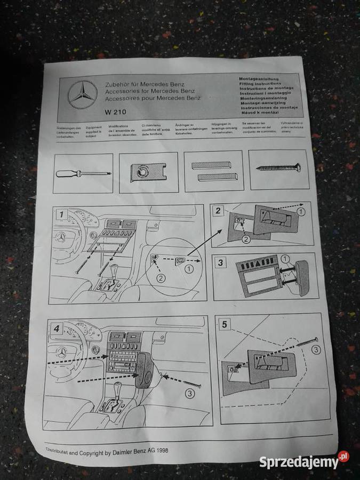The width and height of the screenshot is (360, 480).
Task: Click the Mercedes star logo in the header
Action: (83, 95)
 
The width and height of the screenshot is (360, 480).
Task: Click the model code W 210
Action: (115, 113)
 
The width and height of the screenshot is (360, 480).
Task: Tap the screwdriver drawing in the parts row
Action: (82, 173)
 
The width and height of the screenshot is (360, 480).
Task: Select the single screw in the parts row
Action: (278, 167)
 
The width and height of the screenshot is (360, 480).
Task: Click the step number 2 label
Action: (218, 211)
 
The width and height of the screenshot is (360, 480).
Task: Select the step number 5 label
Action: (225, 324)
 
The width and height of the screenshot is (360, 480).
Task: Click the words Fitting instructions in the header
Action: (260, 84)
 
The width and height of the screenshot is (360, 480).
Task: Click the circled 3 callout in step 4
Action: (190, 394)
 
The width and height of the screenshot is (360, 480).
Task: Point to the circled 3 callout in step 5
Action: (316, 350)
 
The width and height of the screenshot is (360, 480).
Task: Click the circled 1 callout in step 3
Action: (286, 259)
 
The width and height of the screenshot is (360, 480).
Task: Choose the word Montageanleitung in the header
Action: (260, 78)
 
